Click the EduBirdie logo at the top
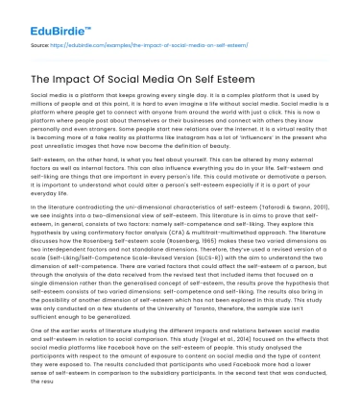point(45,13)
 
